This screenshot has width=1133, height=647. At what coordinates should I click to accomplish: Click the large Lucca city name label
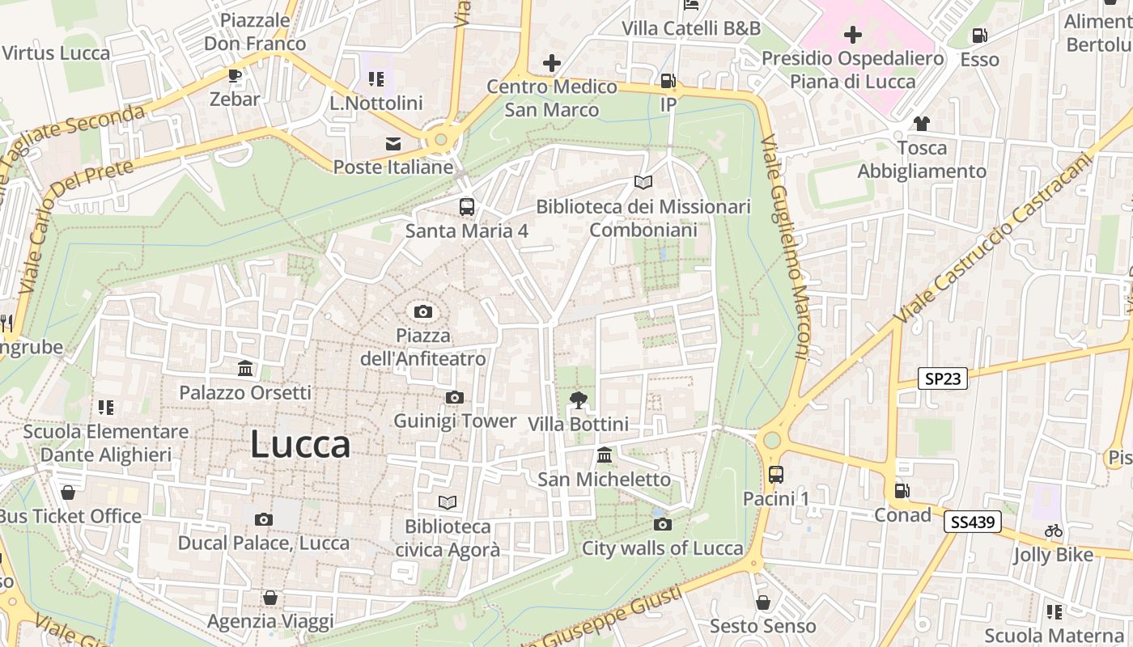pos(300,444)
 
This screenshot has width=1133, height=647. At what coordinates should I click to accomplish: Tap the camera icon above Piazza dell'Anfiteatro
pos(422,311)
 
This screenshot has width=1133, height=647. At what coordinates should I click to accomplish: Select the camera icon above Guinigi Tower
pos(455,397)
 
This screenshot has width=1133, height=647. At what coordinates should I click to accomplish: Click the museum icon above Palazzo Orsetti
pos(245,369)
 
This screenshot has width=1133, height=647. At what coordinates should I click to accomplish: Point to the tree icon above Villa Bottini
pos(578,400)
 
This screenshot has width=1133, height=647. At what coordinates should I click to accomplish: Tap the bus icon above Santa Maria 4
pos(467,206)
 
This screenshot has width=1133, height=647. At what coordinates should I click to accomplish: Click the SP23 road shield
pos(944,378)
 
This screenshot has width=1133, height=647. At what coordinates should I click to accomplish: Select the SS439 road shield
pos(972,522)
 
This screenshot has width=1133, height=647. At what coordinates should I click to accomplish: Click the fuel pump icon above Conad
pos(902,491)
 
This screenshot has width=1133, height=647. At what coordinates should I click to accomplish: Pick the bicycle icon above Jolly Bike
pos(1053,531)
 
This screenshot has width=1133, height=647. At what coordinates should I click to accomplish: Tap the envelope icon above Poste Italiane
pos(393,144)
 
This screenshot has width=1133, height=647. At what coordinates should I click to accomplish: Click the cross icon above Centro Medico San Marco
pos(552,62)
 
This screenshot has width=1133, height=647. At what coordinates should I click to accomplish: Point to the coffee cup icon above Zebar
pos(235,75)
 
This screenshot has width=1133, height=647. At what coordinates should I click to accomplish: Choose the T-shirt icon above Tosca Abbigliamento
pos(922,124)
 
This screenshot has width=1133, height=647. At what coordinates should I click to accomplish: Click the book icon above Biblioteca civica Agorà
pos(448,502)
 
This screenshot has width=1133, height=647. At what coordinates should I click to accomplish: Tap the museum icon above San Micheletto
pos(604,455)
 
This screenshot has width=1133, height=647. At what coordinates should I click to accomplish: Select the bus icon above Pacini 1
pos(775,474)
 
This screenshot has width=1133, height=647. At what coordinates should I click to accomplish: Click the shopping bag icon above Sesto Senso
pos(762,603)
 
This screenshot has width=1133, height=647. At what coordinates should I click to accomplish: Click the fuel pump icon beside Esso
pos(979,36)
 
